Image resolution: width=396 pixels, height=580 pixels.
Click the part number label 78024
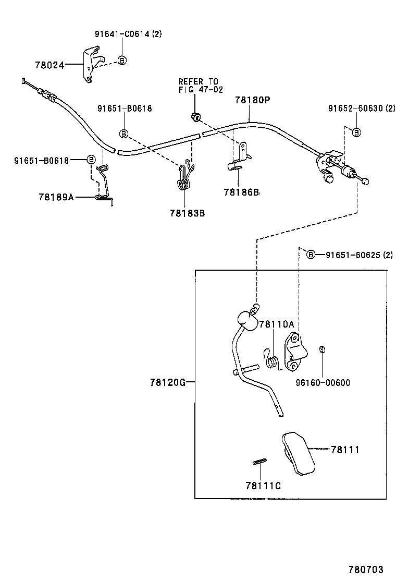coord(49,66)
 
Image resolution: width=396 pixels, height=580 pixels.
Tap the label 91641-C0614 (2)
coord(128,34)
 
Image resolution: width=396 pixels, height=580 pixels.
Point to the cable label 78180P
coord(252,100)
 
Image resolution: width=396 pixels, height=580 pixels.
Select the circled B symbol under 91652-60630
coord(356,132)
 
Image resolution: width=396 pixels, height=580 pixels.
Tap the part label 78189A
coord(56,197)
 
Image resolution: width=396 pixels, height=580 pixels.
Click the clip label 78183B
coord(187,213)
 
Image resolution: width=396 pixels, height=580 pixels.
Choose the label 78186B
coord(241,192)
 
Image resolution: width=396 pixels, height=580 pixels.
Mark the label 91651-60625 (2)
coord(359,255)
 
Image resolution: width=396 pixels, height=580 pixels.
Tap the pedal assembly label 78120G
coord(167,382)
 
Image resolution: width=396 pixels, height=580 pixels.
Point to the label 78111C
coord(264,486)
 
